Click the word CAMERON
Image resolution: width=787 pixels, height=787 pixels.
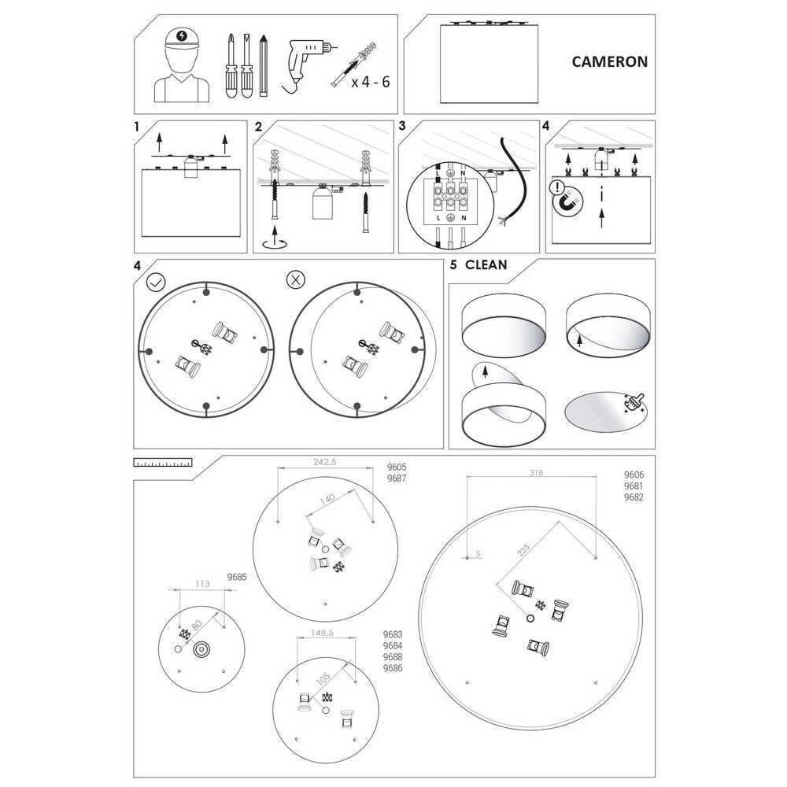tap(609, 61)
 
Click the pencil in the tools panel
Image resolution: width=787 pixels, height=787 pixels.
tap(264, 66)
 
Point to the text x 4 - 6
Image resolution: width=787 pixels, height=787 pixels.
tap(371, 82)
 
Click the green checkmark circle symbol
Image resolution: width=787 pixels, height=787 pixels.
tap(156, 282)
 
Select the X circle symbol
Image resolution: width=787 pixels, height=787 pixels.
tap(296, 279)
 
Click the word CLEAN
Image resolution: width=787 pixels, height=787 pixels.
tap(486, 264)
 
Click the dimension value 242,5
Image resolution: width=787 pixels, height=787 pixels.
tap(325, 462)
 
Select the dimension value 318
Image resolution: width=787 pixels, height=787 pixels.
tap(536, 472)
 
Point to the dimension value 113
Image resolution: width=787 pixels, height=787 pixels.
tap(201, 584)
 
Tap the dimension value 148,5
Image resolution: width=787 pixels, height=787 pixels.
tap(322, 633)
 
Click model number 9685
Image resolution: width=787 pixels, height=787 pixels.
tap(237, 577)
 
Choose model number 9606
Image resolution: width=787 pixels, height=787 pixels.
tap(634, 475)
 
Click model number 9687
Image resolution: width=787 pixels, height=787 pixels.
tap(397, 478)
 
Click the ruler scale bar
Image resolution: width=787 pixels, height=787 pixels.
tap(163, 462)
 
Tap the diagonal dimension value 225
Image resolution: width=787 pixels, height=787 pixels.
tap(523, 550)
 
